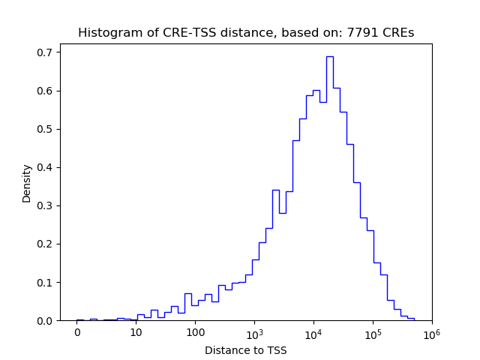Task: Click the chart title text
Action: [x=246, y=33]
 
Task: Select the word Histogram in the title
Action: [x=107, y=33]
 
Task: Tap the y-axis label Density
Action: [x=27, y=183]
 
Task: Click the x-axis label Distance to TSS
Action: [x=246, y=350]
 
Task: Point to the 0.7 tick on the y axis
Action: [x=45, y=52]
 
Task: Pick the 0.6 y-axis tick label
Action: [x=45, y=91]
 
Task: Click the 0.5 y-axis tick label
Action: [x=45, y=129]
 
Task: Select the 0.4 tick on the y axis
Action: [x=45, y=167]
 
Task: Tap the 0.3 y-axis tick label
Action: [x=45, y=205]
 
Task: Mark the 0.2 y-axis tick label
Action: [x=45, y=244]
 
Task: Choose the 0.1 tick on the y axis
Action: [x=45, y=282]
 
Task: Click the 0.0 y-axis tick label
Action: [x=45, y=320]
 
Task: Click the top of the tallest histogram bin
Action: [x=329, y=56]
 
